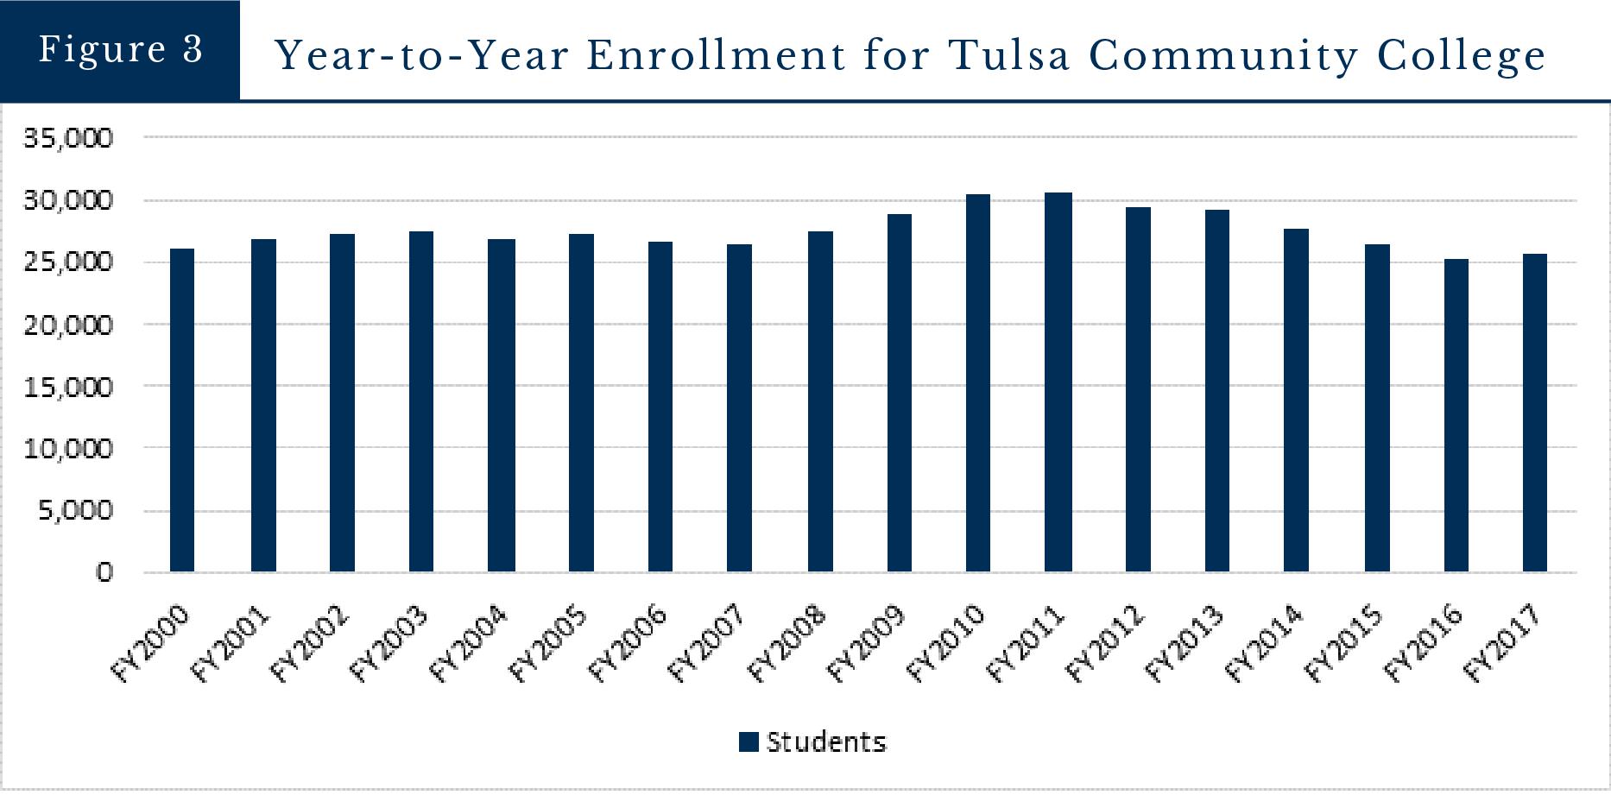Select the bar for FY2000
pos(182,410)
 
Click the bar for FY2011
pos(1058,382)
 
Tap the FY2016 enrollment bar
pos(1456,415)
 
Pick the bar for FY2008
pos(820,401)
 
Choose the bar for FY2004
pos(501,406)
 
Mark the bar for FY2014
pos(1296,401)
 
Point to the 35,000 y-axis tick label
pos(68,138)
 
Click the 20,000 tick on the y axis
pos(68,325)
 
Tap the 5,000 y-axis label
pos(76,510)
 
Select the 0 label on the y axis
pos(104,572)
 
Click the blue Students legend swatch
pos(749,742)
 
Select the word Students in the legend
pos(826,742)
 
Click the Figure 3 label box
pos(120,50)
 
